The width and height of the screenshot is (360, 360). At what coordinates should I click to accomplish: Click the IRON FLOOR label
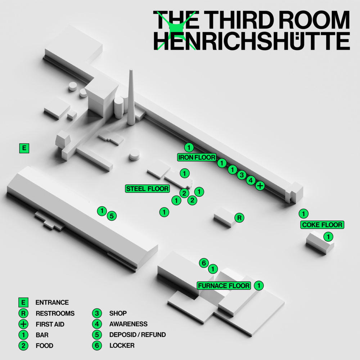coord(197,157)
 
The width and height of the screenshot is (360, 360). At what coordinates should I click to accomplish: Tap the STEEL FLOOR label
coord(147,189)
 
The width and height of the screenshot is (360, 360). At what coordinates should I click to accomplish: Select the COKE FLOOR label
coord(322,225)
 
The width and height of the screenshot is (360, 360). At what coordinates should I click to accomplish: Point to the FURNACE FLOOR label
coord(224,285)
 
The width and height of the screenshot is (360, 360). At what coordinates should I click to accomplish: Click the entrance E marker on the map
coord(24,148)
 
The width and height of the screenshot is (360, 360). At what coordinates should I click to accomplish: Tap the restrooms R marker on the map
coord(239,218)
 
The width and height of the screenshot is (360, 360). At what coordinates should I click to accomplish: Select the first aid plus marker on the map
coord(260,185)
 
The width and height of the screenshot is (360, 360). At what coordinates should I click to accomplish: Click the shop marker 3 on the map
coord(242,175)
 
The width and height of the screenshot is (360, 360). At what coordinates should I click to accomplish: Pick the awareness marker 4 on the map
coord(251,180)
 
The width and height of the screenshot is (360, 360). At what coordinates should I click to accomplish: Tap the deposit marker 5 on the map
coord(112,216)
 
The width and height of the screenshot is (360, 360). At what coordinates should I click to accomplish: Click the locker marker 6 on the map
coord(204,263)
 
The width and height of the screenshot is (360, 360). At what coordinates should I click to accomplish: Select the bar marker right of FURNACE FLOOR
coord(259,285)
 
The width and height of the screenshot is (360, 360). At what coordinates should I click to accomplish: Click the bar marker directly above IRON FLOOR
coord(189,147)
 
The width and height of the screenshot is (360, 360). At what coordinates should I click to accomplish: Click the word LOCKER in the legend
coord(122,346)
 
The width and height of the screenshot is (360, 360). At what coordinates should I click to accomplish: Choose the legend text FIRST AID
coord(50,324)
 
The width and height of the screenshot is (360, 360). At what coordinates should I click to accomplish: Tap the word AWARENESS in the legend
coord(129,324)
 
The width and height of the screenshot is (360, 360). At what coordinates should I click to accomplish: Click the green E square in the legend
coord(23,302)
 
